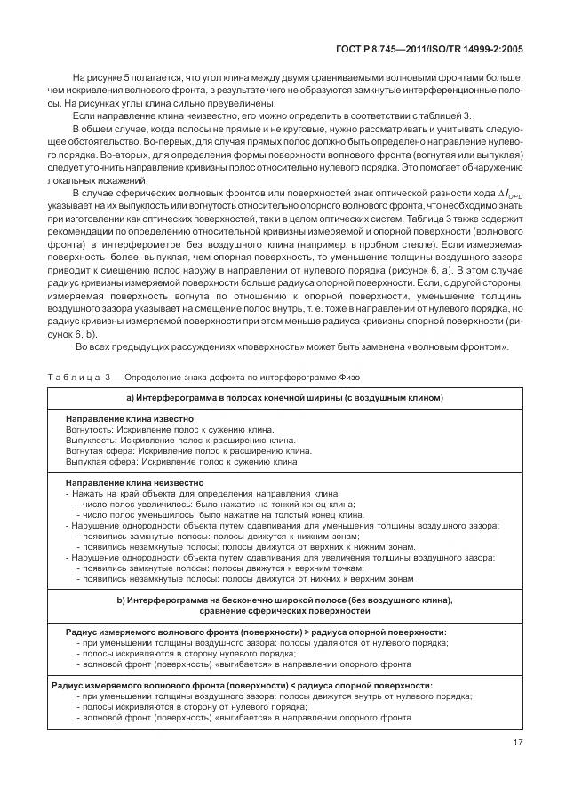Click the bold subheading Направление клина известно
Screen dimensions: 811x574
click(x=130, y=418)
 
